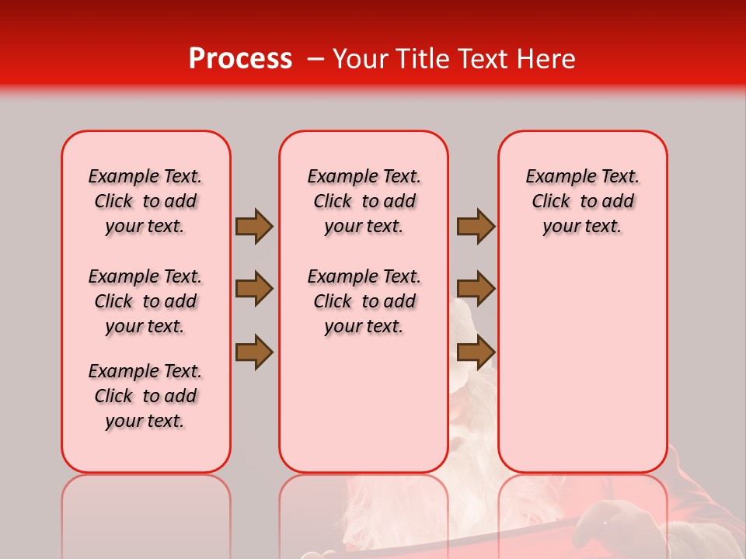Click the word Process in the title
pos(239,59)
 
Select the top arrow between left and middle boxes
pos(253,226)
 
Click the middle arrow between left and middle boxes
pos(253,289)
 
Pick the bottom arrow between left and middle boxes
pos(253,352)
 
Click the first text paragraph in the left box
pos(145,201)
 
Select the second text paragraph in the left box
pos(145,301)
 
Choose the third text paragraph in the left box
pos(145,396)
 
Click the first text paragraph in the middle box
pos(364,201)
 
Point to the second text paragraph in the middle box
pos(364,301)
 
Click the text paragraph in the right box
pos(582,201)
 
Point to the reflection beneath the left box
pos(146,512)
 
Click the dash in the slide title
pos(315,59)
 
